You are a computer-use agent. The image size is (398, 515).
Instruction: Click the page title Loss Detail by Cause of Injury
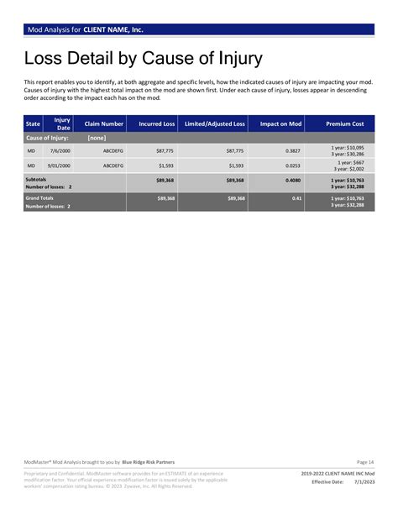click(143, 59)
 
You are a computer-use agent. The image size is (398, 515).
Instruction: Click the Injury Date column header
click(62, 123)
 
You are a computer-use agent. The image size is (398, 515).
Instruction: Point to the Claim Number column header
click(104, 123)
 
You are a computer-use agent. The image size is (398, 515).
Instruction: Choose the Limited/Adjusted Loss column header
click(215, 123)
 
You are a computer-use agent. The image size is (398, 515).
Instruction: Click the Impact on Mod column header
click(280, 123)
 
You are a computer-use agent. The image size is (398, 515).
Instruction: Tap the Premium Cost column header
click(345, 123)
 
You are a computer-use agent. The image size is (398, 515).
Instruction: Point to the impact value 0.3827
click(293, 150)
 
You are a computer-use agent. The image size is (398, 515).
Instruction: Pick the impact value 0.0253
click(293, 166)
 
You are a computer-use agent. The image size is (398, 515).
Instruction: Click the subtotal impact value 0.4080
click(293, 180)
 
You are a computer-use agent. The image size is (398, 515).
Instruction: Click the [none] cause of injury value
click(96, 137)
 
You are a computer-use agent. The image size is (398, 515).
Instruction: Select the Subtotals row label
click(36, 179)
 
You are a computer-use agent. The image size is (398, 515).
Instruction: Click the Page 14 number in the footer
click(365, 462)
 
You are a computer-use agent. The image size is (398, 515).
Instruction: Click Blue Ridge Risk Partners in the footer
click(149, 462)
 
